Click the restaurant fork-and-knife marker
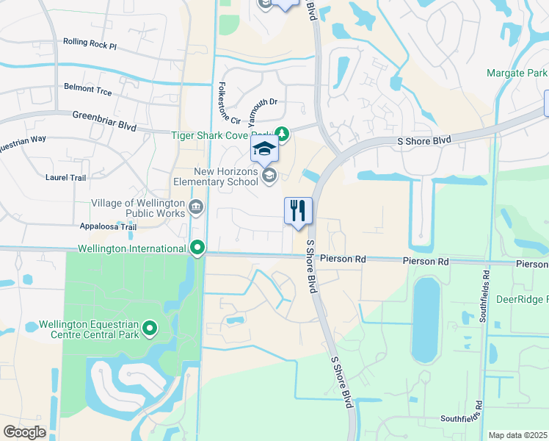(x=298, y=212)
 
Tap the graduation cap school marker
(x=264, y=149)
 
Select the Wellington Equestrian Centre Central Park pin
(x=150, y=328)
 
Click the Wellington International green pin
(x=197, y=248)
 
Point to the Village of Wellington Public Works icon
(x=196, y=207)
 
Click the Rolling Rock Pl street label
(x=90, y=43)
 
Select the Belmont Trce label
(x=88, y=91)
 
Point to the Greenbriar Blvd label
(x=105, y=121)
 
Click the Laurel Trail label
(x=66, y=177)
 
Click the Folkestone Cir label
(x=226, y=104)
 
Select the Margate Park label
(x=517, y=73)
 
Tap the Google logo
(x=24, y=431)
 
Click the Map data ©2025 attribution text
(x=517, y=435)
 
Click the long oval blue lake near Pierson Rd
(x=425, y=320)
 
